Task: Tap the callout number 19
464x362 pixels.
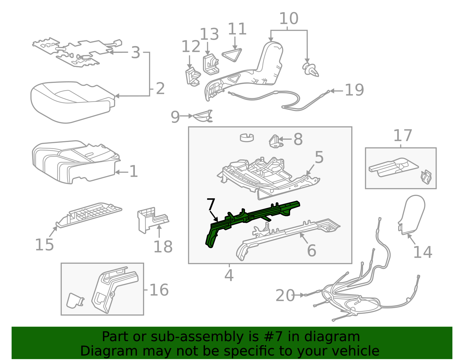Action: [354, 90]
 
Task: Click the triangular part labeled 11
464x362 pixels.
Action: [232, 55]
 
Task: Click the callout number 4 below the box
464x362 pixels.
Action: [229, 275]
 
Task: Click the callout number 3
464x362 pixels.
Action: [135, 53]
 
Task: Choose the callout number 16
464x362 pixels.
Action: [159, 290]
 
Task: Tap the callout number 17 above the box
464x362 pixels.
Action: [403, 136]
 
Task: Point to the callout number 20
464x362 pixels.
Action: [285, 296]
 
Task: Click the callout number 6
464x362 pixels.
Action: [311, 251]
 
